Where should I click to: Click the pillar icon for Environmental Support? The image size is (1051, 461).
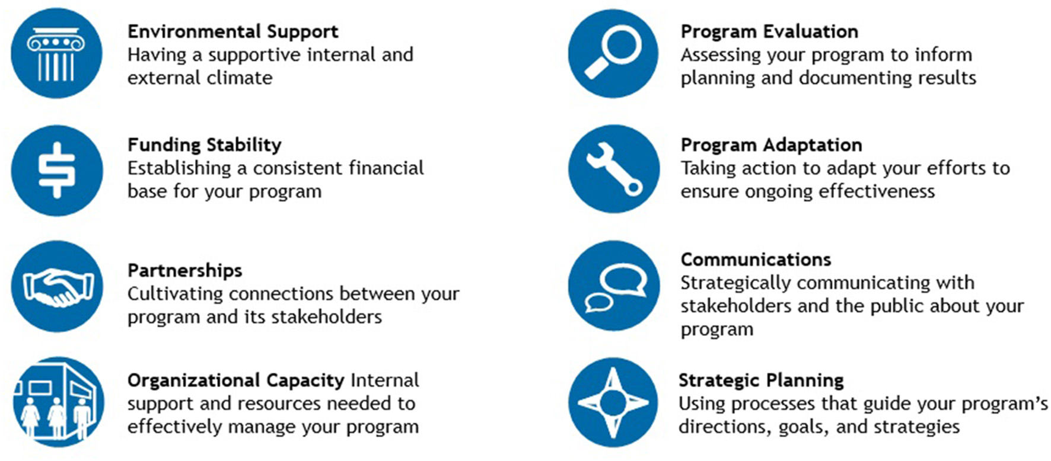(x=56, y=53)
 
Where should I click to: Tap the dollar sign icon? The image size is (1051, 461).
(x=57, y=170)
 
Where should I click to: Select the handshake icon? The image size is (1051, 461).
(x=57, y=287)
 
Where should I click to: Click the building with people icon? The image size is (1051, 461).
(x=58, y=402)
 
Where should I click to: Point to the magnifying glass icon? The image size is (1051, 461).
(x=613, y=53)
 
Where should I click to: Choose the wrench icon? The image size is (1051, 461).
(x=613, y=169)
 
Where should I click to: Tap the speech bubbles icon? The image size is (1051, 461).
(x=613, y=286)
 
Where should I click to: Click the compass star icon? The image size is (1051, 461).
(x=613, y=402)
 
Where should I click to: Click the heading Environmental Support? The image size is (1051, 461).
(x=233, y=31)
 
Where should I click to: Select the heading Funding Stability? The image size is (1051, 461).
(x=205, y=145)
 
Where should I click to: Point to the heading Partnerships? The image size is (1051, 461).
(x=185, y=271)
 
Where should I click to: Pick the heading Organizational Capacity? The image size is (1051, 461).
(x=235, y=380)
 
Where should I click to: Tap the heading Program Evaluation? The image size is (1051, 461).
(x=769, y=31)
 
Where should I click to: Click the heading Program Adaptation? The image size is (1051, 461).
(x=771, y=145)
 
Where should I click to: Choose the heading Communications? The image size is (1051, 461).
(x=756, y=260)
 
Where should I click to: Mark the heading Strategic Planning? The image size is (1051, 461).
(x=761, y=380)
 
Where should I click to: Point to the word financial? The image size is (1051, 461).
(x=386, y=168)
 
